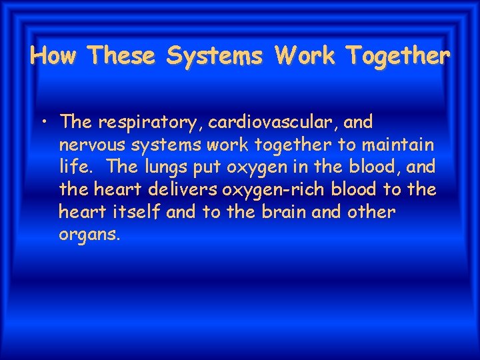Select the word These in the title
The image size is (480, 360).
pyautogui.click(x=123, y=55)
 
